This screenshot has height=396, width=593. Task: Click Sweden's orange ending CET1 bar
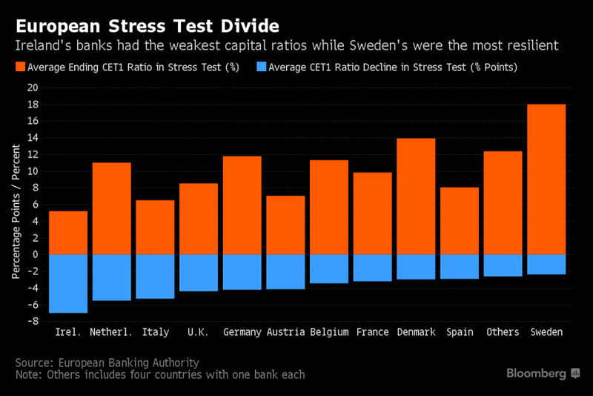click(546, 179)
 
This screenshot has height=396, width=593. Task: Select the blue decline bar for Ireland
click(68, 283)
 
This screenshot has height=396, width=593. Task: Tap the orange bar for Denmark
click(416, 196)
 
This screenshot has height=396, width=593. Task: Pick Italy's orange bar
click(155, 227)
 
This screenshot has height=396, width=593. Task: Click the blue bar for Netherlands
click(111, 277)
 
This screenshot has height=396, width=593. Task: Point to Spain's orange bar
click(460, 220)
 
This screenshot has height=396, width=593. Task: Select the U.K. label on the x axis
click(198, 331)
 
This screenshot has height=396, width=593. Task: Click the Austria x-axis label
click(285, 331)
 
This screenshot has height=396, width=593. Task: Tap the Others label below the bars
click(503, 331)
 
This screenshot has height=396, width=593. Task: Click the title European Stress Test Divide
click(148, 27)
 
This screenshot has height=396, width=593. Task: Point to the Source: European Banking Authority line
click(107, 363)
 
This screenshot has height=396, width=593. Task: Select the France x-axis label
click(372, 331)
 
